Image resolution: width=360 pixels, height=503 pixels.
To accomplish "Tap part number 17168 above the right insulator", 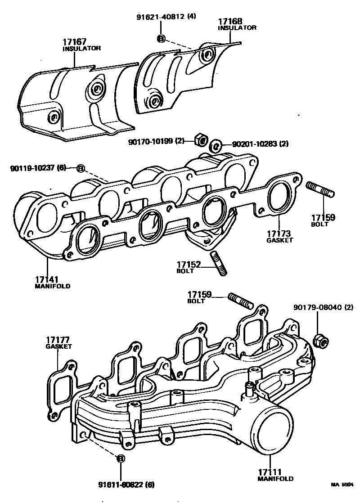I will tap(230, 21).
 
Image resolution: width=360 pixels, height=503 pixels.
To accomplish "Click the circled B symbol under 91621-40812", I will tap(161, 38).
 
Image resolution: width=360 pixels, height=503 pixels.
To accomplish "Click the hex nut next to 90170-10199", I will tap(201, 140).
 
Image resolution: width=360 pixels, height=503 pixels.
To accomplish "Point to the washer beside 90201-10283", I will tap(216, 145).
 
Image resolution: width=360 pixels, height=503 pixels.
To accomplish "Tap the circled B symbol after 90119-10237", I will tap(80, 168).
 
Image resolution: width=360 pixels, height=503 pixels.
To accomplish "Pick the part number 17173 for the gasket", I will tap(279, 234).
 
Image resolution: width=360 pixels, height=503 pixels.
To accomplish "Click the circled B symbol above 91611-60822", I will tap(120, 459).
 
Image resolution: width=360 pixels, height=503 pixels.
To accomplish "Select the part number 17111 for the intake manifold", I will tap(270, 472).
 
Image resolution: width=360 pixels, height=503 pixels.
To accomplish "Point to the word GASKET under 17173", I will tap(279, 240).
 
